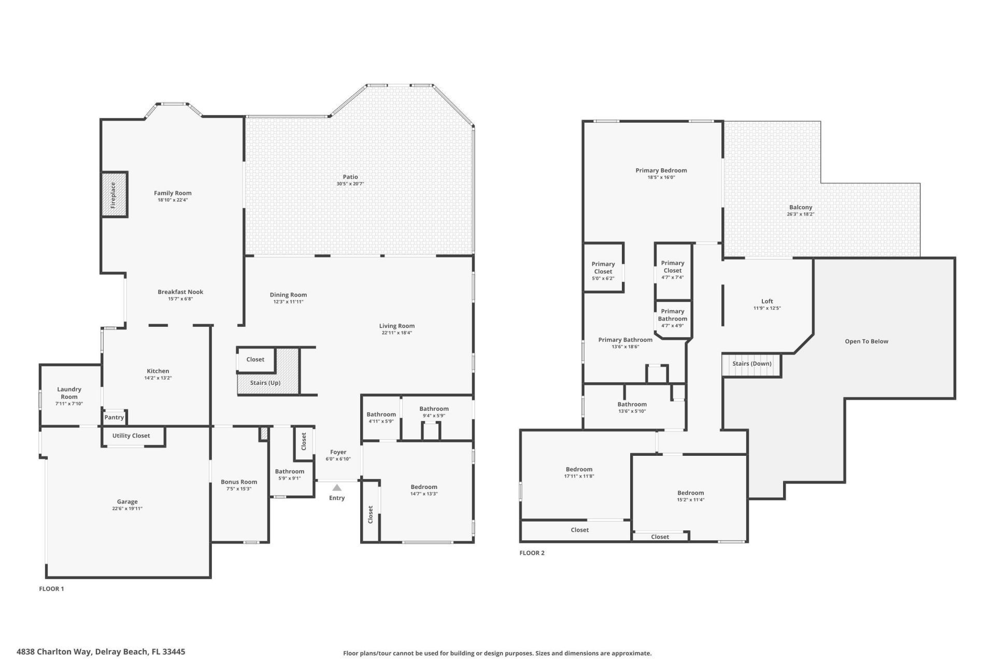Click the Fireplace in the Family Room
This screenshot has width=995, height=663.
pyautogui.click(x=113, y=194)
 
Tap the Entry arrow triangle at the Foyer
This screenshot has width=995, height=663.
pyautogui.click(x=337, y=487)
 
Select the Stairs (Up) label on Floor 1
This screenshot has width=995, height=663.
pyautogui.click(x=265, y=383)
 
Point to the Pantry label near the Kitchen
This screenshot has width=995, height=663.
pyautogui.click(x=114, y=417)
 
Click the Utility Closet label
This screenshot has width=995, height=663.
pyautogui.click(x=131, y=436)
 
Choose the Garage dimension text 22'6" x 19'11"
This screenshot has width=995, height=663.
pyautogui.click(x=127, y=509)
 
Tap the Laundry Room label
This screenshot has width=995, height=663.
pyautogui.click(x=69, y=393)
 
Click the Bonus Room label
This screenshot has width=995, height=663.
pyautogui.click(x=239, y=482)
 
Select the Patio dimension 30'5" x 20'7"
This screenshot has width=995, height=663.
pyautogui.click(x=350, y=184)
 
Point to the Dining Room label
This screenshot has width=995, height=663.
pyautogui.click(x=288, y=295)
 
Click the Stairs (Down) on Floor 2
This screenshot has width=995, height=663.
pyautogui.click(x=751, y=364)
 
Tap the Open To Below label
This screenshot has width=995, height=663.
pyautogui.click(x=866, y=341)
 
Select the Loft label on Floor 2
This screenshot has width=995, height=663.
pyautogui.click(x=767, y=301)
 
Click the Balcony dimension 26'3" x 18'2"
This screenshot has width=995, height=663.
pyautogui.click(x=800, y=214)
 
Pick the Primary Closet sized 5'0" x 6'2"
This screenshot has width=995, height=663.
pyautogui.click(x=603, y=268)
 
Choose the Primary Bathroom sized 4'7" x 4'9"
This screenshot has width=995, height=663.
pyautogui.click(x=672, y=315)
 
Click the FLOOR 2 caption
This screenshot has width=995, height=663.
pyautogui.click(x=532, y=553)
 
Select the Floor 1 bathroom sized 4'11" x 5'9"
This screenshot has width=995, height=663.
pyautogui.click(x=381, y=414)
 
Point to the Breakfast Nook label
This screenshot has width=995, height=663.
pyautogui.click(x=180, y=292)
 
